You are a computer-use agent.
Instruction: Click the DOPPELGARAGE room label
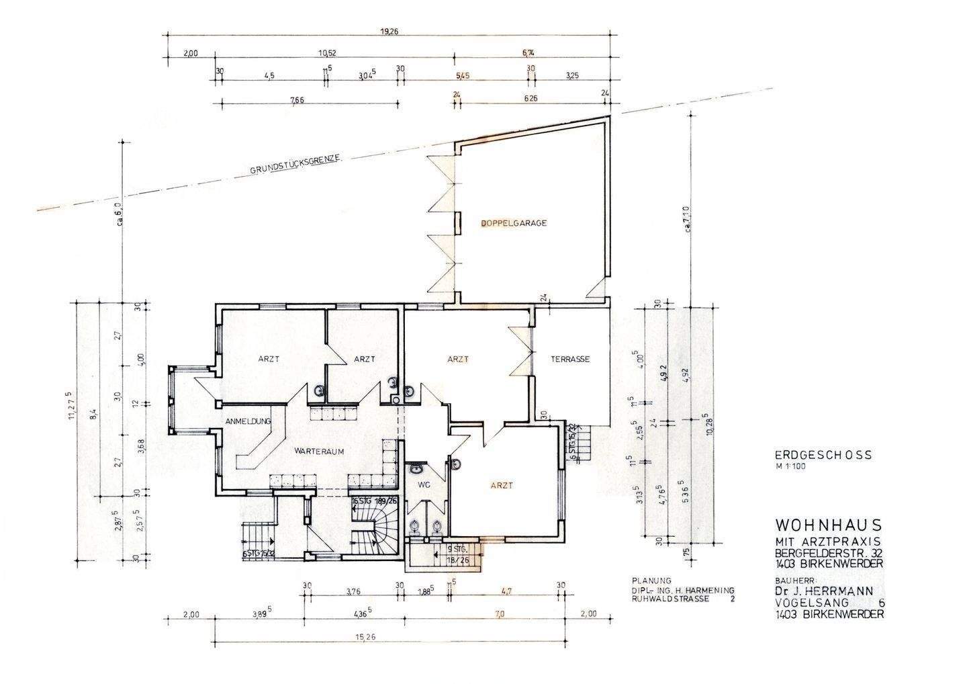pos(513,223)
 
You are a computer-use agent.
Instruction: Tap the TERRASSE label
pos(570,359)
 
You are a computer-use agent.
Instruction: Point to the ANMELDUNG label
pos(248,421)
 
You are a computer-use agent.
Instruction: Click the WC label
pos(423,484)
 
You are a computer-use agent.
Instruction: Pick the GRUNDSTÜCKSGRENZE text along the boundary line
pos(296,165)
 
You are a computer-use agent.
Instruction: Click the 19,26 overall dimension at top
pos(388,31)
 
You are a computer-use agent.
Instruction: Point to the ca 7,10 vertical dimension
pos(686,220)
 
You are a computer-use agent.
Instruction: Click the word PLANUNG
pos(651,580)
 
